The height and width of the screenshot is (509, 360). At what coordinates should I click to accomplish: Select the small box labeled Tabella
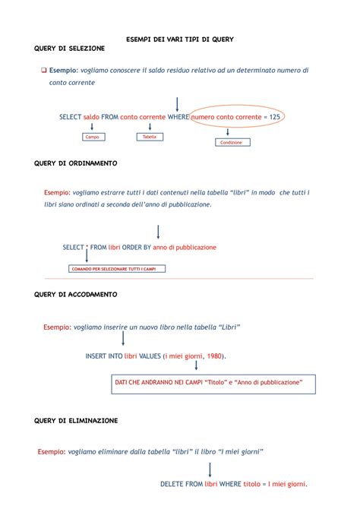coord(150,138)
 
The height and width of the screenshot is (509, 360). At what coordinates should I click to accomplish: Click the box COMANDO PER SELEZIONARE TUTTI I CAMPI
coord(117,269)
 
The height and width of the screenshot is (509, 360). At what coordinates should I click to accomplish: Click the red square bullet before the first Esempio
coord(43,70)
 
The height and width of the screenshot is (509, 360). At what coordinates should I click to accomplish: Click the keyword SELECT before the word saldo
coord(71,117)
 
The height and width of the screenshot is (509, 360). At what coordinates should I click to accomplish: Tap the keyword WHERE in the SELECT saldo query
coord(178,117)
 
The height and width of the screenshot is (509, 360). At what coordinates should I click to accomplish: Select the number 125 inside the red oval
coord(275,117)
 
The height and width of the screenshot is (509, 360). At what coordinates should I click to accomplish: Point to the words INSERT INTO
coord(104,356)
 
